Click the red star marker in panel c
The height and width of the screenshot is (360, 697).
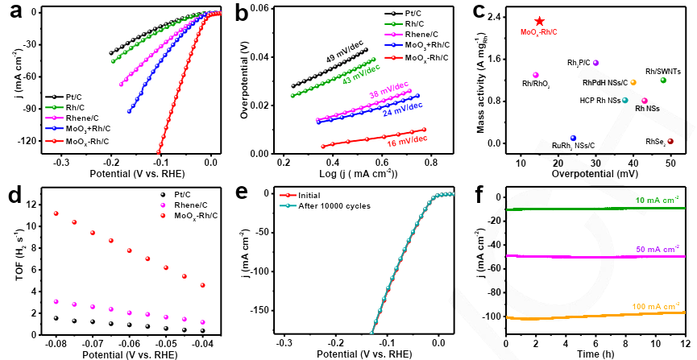click(539, 21)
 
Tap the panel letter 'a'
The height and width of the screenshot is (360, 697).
click(14, 14)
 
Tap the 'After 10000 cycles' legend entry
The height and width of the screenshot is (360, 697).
click(330, 206)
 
